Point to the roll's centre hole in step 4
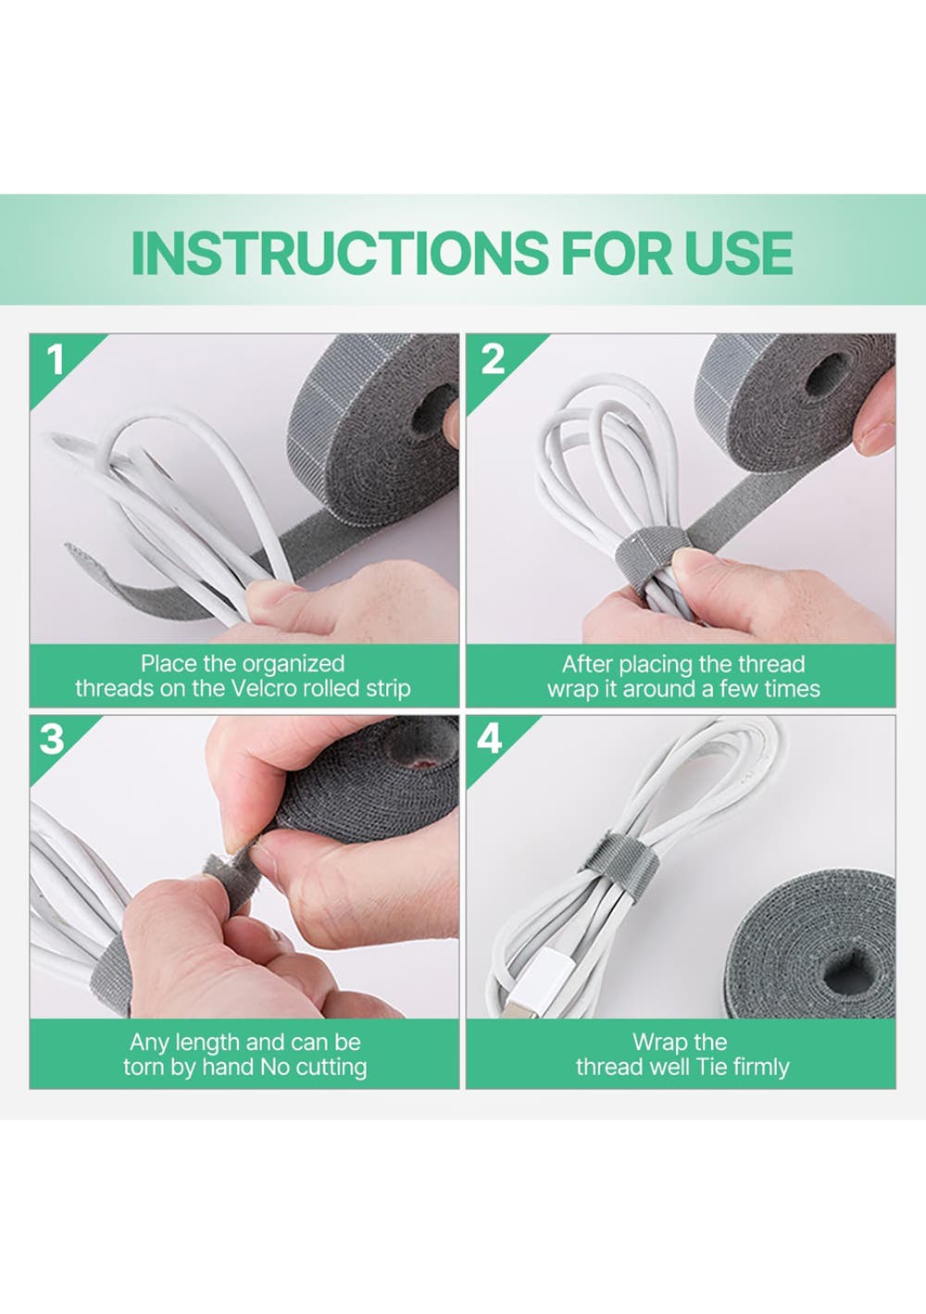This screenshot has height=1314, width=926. [845, 970]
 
